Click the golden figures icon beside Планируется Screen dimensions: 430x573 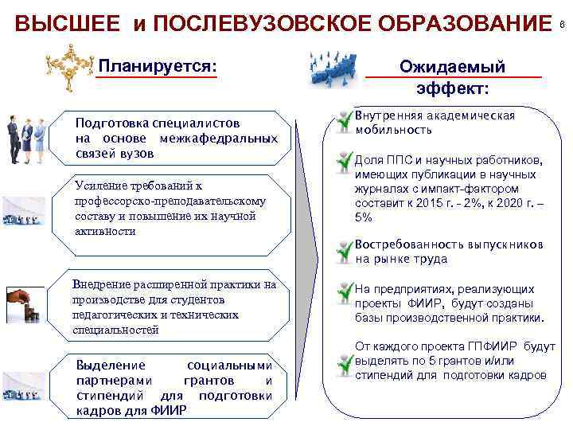point(70,64)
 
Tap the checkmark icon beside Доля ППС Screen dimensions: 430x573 point(343,165)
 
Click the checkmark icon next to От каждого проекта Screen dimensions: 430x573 point(343,362)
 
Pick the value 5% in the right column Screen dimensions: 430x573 point(363,217)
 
